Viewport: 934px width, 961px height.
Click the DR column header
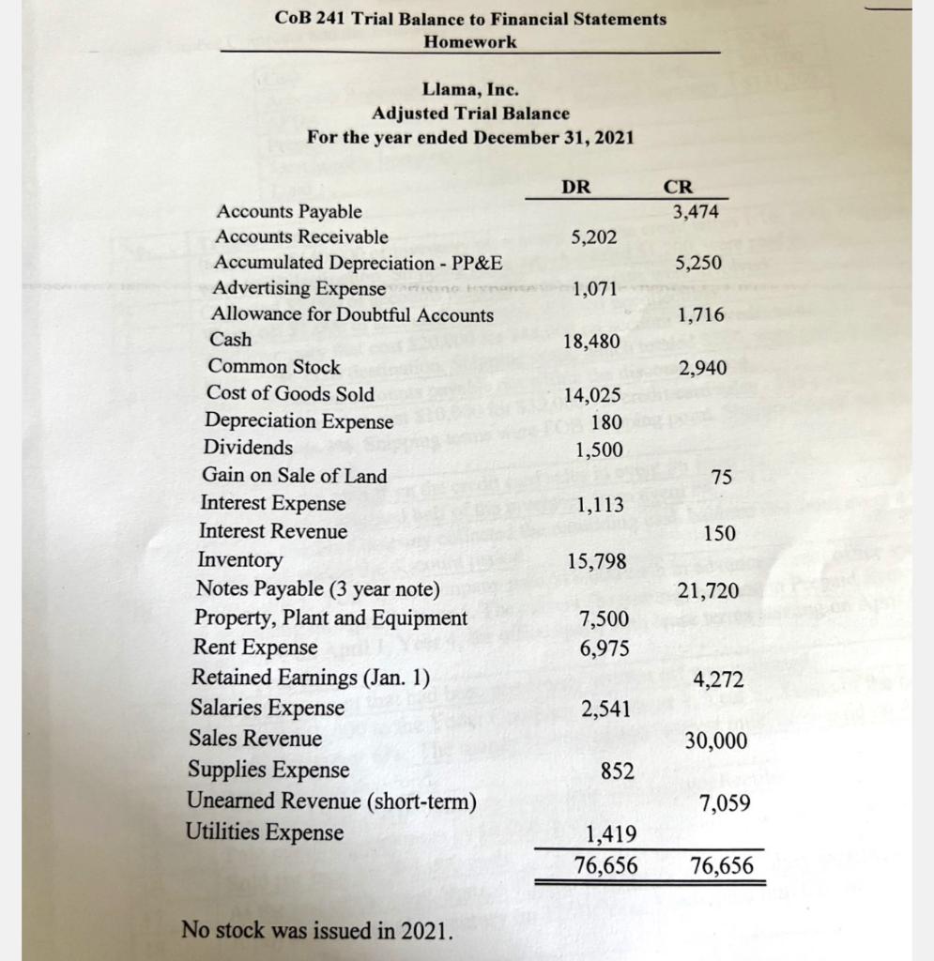click(576, 187)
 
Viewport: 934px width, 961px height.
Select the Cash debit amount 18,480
click(591, 342)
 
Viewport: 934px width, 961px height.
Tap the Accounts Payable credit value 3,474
click(696, 212)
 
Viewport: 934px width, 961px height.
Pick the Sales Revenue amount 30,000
click(716, 741)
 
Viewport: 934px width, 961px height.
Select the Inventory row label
click(240, 560)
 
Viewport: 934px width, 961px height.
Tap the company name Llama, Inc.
click(470, 90)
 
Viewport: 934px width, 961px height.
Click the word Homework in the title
click(469, 42)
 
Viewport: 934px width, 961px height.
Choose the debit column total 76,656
click(606, 865)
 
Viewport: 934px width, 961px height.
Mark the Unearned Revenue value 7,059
click(725, 804)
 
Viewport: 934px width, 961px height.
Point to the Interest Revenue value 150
click(720, 533)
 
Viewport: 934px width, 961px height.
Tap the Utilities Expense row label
click(266, 832)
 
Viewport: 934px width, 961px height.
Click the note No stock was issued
click(316, 932)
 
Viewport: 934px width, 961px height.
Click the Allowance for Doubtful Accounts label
click(352, 315)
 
